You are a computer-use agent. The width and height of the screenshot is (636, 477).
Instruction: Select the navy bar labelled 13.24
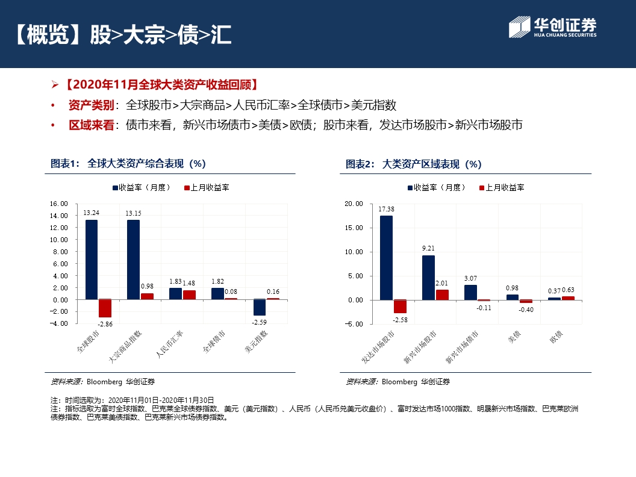91,259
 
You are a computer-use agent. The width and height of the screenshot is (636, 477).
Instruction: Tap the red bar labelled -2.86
105,308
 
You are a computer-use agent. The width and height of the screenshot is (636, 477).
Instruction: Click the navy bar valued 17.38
386,257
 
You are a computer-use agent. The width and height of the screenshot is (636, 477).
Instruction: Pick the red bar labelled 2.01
442,295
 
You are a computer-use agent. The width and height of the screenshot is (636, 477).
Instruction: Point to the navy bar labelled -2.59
260,307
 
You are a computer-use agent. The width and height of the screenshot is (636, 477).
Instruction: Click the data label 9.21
428,248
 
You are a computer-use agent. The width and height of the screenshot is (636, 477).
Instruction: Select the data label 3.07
470,278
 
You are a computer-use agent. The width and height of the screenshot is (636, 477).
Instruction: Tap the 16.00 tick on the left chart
59,204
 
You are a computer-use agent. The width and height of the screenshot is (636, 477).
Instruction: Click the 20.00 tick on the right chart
354,204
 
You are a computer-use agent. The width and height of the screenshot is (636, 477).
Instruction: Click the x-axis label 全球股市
89,341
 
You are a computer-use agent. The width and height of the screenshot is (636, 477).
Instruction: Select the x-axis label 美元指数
256,341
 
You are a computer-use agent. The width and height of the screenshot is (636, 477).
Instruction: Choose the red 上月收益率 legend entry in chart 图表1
206,187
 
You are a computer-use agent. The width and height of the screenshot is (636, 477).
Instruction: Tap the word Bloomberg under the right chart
399,382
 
